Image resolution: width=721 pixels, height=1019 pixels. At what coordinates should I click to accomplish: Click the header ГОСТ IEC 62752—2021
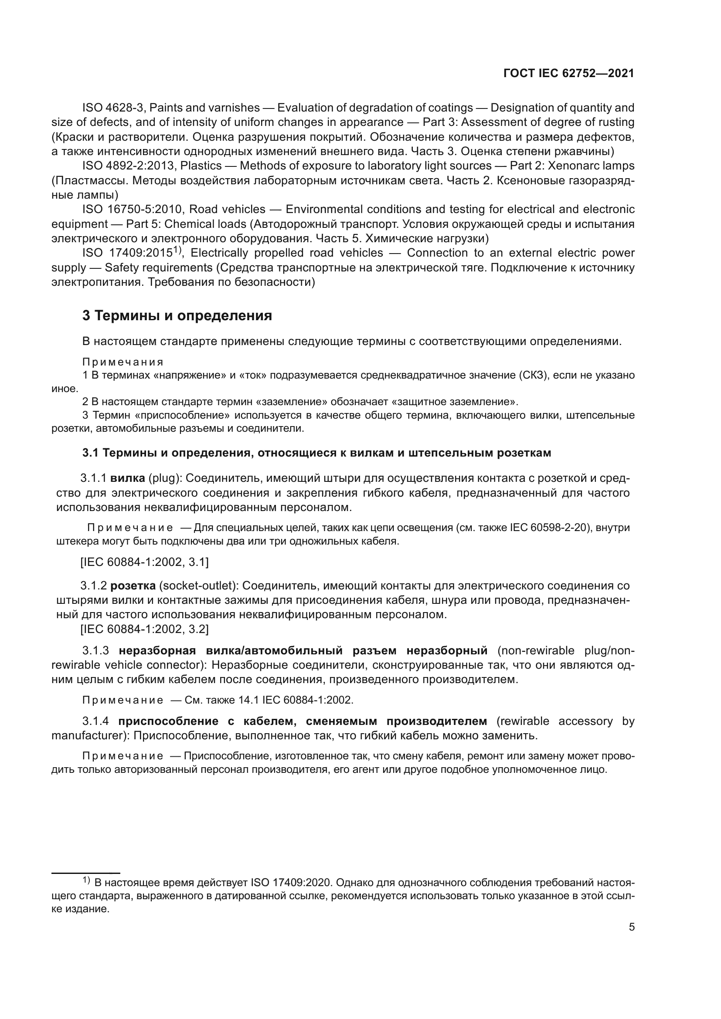click(x=569, y=74)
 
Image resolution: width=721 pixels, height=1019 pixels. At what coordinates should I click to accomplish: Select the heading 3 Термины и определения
click(x=177, y=315)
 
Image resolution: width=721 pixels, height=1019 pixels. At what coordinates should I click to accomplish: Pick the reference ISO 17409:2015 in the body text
click(x=127, y=253)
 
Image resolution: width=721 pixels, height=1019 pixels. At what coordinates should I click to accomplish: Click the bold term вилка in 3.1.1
click(x=127, y=478)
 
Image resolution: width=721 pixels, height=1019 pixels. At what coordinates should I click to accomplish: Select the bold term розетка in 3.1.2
click(x=133, y=586)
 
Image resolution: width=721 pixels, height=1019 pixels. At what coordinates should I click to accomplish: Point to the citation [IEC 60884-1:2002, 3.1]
click(x=144, y=562)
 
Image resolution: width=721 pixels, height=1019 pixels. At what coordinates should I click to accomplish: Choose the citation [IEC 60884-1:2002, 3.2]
click(x=144, y=629)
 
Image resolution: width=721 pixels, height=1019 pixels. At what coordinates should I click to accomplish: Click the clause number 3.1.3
click(x=95, y=651)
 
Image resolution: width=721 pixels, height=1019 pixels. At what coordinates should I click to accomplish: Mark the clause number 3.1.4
click(x=95, y=721)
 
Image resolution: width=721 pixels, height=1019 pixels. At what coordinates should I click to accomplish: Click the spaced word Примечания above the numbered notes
click(x=123, y=362)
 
